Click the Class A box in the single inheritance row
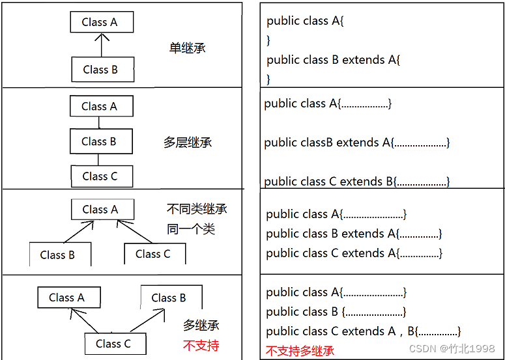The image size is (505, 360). (101, 22)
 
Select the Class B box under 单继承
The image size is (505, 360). (102, 70)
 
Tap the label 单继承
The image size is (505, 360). (188, 48)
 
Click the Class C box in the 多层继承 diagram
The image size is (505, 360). (101, 176)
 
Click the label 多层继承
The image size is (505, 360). (188, 142)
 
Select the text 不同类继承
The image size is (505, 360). (197, 210)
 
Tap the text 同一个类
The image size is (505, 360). (191, 229)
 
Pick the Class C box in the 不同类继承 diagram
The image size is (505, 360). (154, 254)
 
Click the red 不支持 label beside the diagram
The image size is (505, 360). (201, 345)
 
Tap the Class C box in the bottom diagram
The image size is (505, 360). (115, 344)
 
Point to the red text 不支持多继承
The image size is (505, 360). (300, 351)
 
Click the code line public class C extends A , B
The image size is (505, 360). (364, 331)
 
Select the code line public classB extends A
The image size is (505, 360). (357, 143)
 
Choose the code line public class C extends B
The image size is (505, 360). (357, 182)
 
